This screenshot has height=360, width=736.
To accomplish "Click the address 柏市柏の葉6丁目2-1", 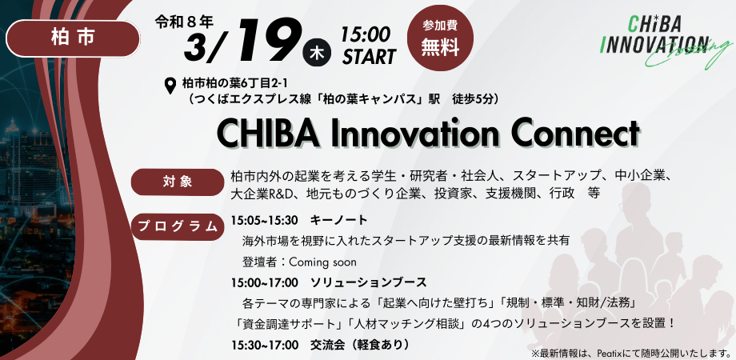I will (x=233, y=82).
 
